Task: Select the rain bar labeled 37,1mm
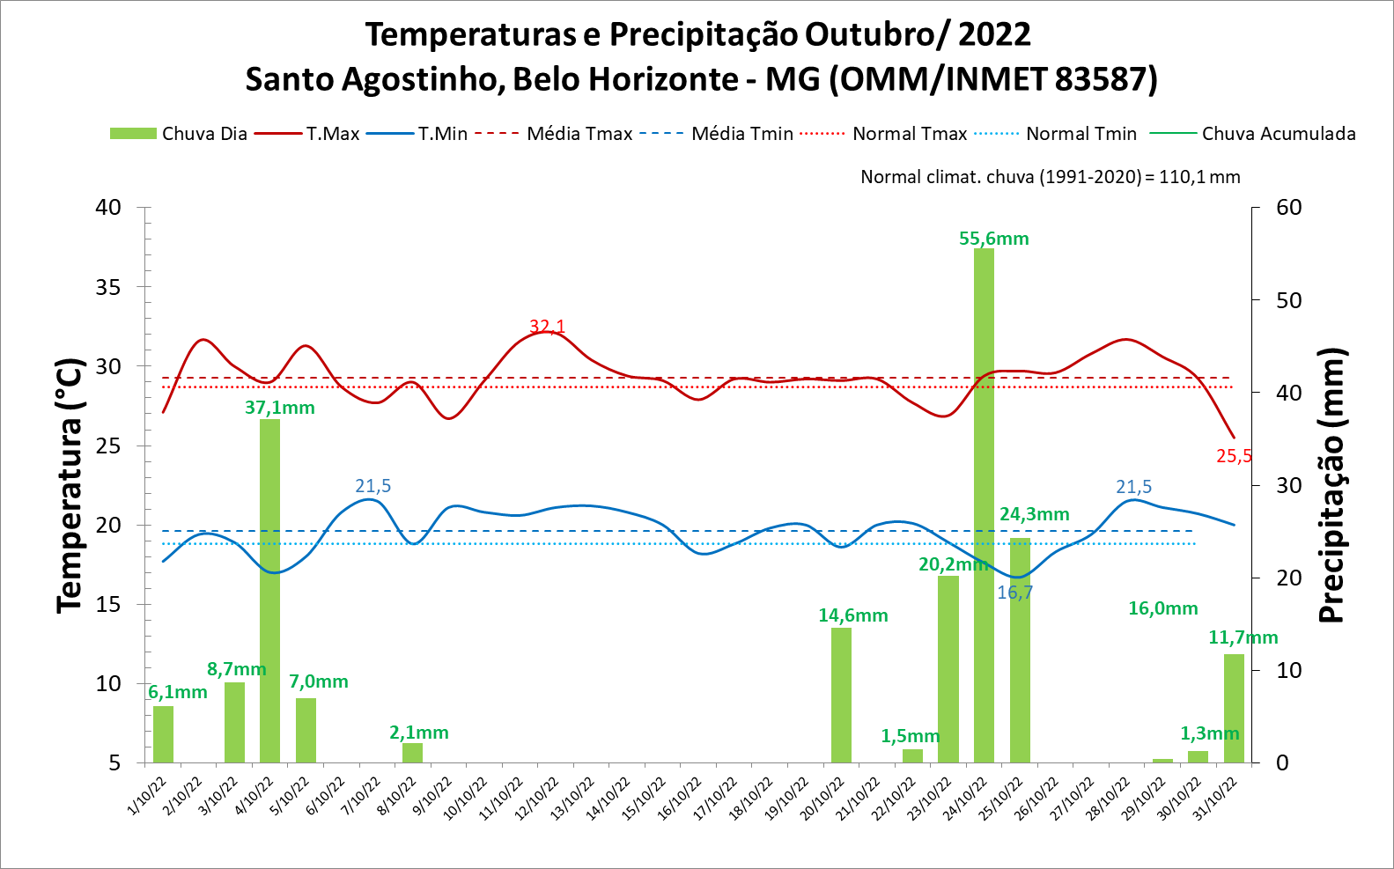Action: pyautogui.click(x=269, y=590)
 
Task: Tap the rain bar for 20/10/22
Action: pyautogui.click(x=841, y=695)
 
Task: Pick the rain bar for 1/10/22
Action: pyautogui.click(x=163, y=734)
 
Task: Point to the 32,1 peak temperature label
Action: pyautogui.click(x=547, y=327)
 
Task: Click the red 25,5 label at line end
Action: pyautogui.click(x=1234, y=456)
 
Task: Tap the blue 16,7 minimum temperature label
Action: pyautogui.click(x=1014, y=593)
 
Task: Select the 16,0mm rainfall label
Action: pyautogui.click(x=1162, y=608)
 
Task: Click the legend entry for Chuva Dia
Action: pyautogui.click(x=179, y=134)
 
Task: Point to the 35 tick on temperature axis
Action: pyautogui.click(x=109, y=287)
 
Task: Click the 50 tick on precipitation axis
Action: pyautogui.click(x=1288, y=300)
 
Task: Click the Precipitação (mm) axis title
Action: pyautogui.click(x=1331, y=485)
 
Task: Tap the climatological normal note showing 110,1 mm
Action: pyautogui.click(x=1050, y=177)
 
